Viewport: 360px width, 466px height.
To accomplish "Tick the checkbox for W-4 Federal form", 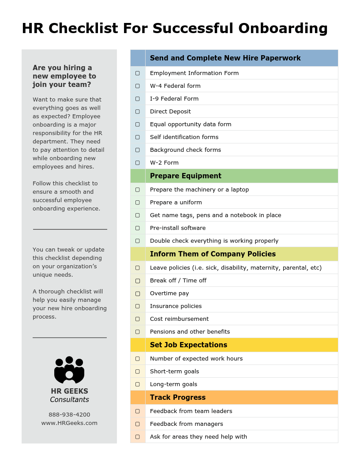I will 138,86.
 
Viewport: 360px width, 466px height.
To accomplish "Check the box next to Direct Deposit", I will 138,112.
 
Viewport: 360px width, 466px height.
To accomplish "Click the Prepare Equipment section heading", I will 185,176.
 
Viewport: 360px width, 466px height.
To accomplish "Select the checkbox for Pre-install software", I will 138,228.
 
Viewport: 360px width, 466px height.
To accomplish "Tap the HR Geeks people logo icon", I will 69,370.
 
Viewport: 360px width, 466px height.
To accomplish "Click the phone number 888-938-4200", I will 69,415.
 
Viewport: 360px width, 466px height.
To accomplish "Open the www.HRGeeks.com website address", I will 69,423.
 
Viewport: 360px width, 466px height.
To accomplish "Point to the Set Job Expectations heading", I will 188,345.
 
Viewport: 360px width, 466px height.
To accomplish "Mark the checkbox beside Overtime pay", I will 138,293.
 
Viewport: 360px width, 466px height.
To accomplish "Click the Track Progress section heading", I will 177,398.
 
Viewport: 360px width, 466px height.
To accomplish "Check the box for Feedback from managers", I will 138,424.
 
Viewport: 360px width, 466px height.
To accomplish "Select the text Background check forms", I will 185,150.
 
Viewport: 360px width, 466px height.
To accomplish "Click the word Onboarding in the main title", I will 283,28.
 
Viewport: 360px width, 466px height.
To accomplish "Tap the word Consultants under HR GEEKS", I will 69,400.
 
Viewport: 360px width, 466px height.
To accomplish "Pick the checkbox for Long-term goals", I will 138,384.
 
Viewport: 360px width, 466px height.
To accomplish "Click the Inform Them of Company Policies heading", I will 213,254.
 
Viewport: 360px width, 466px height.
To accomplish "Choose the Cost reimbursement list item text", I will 179,319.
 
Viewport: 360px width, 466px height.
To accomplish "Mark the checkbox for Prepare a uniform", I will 138,203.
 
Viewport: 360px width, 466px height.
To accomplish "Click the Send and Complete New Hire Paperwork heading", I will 225,58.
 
